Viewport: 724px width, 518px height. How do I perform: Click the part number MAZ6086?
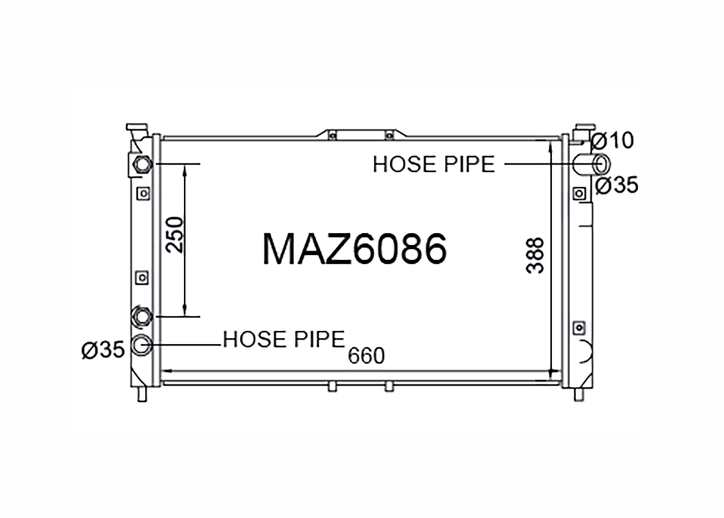tap(355, 249)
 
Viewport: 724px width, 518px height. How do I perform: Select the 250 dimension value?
tap(175, 235)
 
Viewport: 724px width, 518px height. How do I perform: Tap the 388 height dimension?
tap(535, 255)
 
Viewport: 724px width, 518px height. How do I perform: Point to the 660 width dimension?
tap(366, 356)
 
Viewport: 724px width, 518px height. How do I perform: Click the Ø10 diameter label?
tap(612, 141)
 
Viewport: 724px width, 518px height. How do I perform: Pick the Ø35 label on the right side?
tap(617, 185)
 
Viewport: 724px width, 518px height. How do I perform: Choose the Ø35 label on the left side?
tap(103, 350)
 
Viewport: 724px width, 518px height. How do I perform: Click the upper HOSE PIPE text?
tap(434, 164)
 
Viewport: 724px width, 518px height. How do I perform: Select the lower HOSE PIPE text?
tap(284, 339)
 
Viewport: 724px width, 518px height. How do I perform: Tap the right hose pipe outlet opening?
tap(602, 164)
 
